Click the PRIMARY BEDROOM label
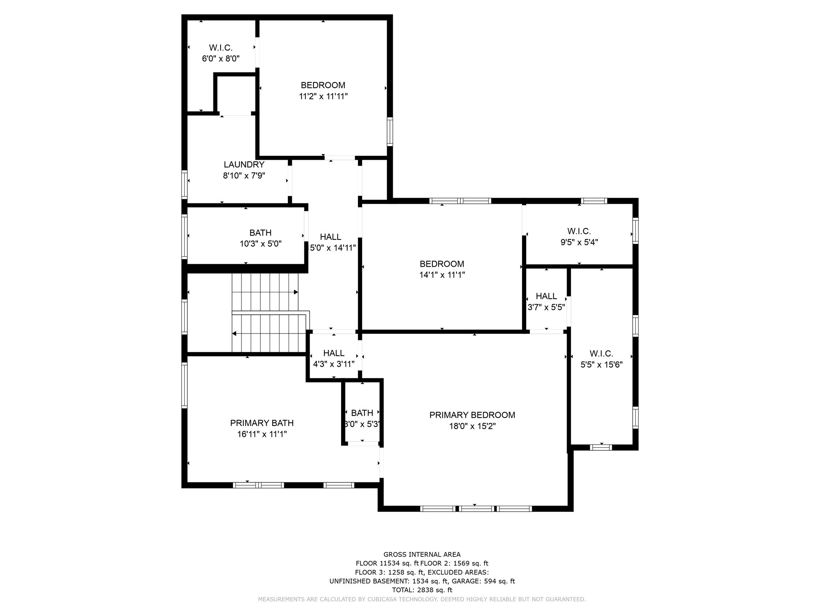472,415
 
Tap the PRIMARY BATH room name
261,423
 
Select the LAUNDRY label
244,165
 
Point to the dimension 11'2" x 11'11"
323,96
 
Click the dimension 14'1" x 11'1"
442,275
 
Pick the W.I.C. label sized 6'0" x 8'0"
221,48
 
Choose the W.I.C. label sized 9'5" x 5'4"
579,231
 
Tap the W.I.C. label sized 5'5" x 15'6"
601,354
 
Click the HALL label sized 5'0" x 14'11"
330,237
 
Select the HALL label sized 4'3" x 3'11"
334,353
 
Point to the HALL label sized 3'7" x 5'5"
546,296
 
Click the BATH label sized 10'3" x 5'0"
260,233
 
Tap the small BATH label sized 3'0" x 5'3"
362,413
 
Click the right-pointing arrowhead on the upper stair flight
296,292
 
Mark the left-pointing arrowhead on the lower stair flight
234,334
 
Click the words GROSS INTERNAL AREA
422,555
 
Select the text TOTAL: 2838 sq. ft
422,590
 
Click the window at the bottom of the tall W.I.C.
601,447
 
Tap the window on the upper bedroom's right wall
390,131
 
